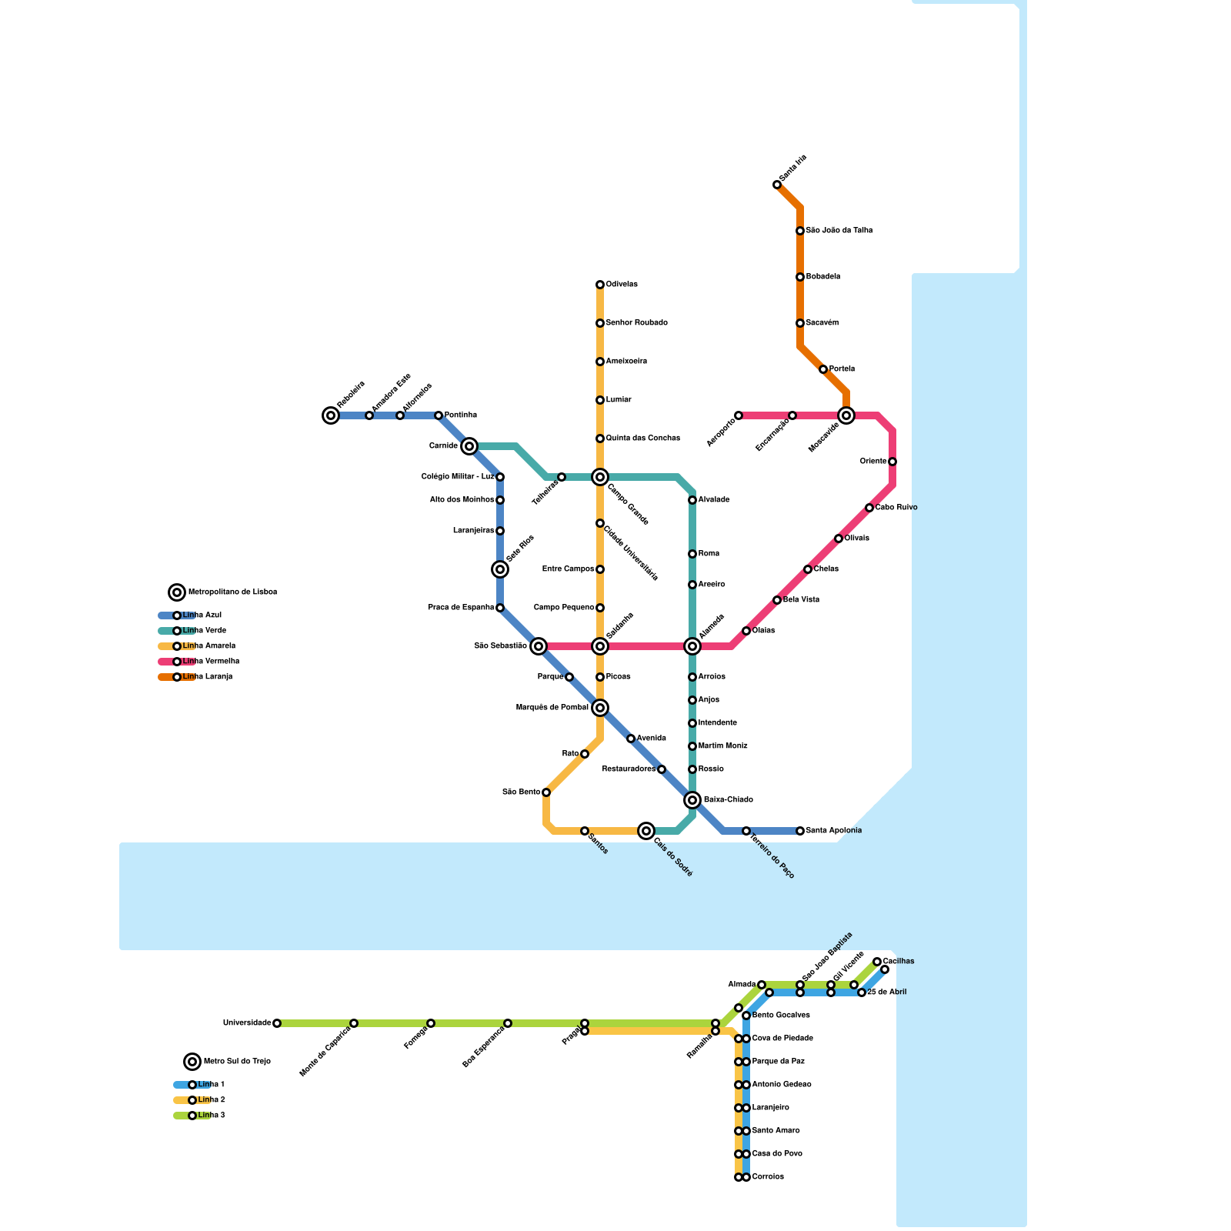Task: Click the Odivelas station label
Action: point(622,285)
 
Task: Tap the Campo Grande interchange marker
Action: point(600,477)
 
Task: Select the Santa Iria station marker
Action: point(777,185)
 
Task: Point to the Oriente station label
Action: point(873,462)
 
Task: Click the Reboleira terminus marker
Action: point(331,415)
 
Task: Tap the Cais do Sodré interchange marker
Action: point(646,831)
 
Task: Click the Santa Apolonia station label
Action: point(834,831)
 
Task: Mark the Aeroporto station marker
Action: point(739,415)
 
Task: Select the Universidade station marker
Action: point(277,1023)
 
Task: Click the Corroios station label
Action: point(768,1177)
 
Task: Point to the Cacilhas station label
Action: point(899,962)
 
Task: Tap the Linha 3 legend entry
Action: point(211,1116)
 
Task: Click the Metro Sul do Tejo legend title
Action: point(237,1062)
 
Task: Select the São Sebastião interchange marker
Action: point(539,646)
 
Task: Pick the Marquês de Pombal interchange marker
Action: point(600,708)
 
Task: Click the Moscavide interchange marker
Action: point(846,415)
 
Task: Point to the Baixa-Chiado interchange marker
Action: point(692,800)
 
